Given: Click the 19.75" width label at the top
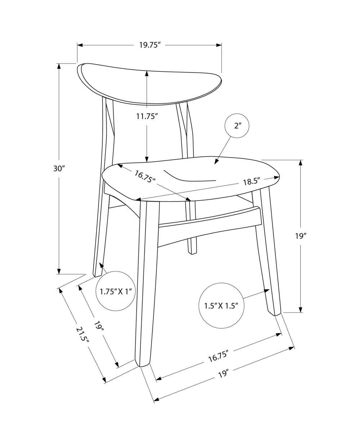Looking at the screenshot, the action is pyautogui.click(x=150, y=45).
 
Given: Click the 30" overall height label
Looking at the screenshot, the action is pyautogui.click(x=59, y=168).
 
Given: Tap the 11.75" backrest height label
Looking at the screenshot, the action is pyautogui.click(x=147, y=116).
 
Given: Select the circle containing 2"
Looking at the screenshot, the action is pyautogui.click(x=237, y=126).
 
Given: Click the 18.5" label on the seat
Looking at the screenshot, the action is pyautogui.click(x=251, y=181).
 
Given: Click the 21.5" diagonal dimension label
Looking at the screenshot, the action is pyautogui.click(x=82, y=337).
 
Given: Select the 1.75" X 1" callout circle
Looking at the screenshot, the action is pyautogui.click(x=116, y=291).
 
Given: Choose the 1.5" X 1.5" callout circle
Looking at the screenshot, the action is pyautogui.click(x=221, y=306).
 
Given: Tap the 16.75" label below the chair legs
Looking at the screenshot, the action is pyautogui.click(x=218, y=357).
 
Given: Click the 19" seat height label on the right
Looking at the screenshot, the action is pyautogui.click(x=301, y=236).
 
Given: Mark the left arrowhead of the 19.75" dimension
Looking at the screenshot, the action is pyautogui.click(x=80, y=45).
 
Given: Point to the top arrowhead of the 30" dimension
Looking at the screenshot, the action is pyautogui.click(x=59, y=66).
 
